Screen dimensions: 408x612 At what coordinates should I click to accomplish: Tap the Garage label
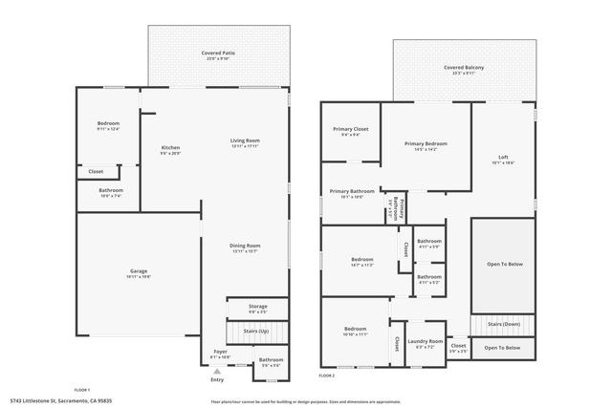pyautogui.click(x=139, y=271)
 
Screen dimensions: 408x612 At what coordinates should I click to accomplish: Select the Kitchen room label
pyautogui.click(x=170, y=148)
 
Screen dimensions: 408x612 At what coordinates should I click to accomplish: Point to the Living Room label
pyautogui.click(x=245, y=141)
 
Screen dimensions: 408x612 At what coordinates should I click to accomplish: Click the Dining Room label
pyautogui.click(x=245, y=246)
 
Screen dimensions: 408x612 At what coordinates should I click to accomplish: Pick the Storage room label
pyautogui.click(x=258, y=308)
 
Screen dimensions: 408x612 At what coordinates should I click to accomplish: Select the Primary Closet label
pyautogui.click(x=350, y=129)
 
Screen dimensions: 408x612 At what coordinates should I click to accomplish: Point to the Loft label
pyautogui.click(x=503, y=158)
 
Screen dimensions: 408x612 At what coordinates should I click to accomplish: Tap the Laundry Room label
pyautogui.click(x=424, y=341)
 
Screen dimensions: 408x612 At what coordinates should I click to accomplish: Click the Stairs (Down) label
pyautogui.click(x=503, y=324)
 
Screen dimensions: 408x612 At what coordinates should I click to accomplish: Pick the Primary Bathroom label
pyautogui.click(x=352, y=191)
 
